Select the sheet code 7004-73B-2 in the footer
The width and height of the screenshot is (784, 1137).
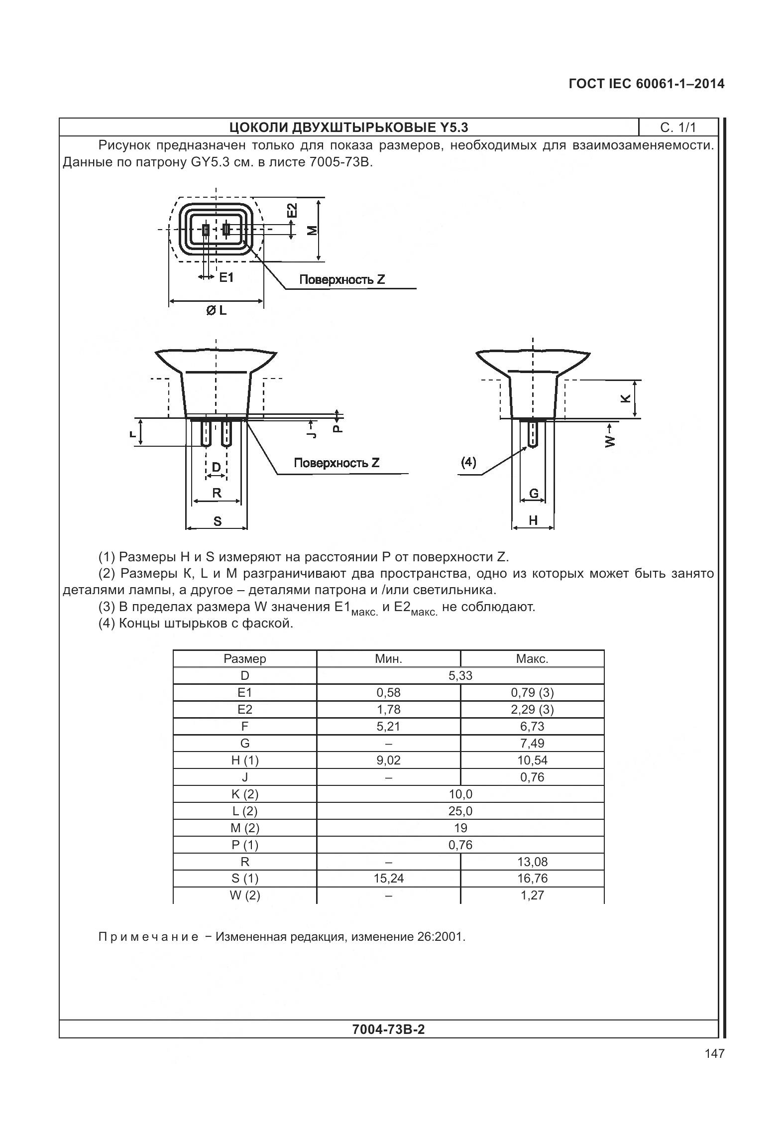[388, 1029]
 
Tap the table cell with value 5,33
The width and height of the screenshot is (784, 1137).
[460, 675]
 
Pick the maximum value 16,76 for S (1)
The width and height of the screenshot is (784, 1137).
[532, 878]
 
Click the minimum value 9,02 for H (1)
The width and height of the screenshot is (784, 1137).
[388, 760]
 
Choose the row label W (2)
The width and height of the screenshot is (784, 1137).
[245, 895]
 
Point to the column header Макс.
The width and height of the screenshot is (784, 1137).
[532, 658]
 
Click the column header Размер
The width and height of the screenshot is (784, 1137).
[245, 658]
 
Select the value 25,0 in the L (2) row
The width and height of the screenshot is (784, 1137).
[460, 811]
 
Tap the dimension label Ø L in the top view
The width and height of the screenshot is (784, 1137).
[216, 310]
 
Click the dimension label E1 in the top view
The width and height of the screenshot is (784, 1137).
[226, 277]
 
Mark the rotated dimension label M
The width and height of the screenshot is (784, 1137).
[312, 230]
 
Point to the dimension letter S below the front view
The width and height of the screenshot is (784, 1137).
[217, 521]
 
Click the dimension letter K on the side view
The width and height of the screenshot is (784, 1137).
[626, 398]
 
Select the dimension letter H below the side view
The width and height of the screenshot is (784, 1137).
[533, 520]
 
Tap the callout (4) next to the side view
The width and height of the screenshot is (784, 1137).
[468, 462]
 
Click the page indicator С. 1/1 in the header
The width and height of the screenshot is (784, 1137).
[678, 127]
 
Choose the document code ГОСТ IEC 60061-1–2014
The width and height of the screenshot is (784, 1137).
[646, 84]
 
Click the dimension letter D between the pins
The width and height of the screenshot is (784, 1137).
[216, 467]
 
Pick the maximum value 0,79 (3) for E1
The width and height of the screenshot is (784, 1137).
[532, 692]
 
